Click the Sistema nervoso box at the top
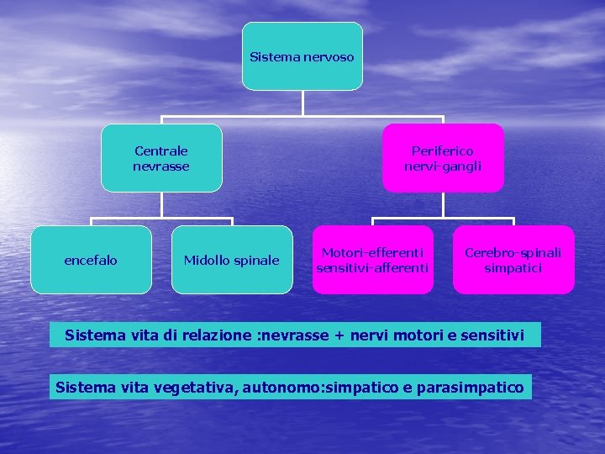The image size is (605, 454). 302,56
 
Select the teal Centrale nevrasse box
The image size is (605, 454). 161,158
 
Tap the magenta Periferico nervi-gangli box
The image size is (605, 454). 443,158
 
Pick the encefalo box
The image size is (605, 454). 91,260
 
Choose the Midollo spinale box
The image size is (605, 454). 232,260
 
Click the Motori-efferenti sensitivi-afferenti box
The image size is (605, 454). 372,260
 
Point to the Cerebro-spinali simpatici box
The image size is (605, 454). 513,260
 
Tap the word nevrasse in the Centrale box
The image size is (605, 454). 161,166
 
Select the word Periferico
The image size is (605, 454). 443,150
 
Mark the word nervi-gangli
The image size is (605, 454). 443,166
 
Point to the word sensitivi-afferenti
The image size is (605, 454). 372,268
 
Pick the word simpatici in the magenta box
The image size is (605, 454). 513,268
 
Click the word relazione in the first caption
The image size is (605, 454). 218,335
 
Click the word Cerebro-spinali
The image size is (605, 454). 513,252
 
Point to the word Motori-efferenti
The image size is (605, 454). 372,252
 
